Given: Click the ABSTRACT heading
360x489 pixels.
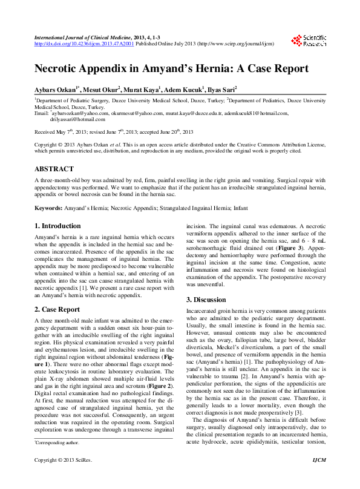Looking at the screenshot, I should pos(54,169).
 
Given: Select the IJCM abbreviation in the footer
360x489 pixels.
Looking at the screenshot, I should pos(318,478).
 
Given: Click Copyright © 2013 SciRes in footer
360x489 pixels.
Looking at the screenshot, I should pos(63,478).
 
